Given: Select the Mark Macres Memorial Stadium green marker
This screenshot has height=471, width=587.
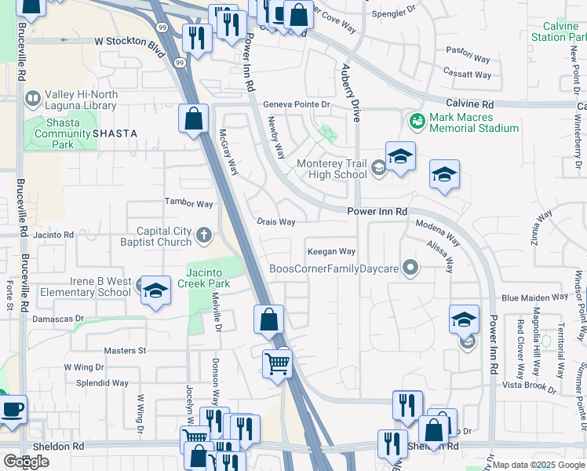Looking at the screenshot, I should point(416,121).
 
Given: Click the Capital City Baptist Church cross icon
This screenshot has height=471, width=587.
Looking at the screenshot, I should point(204,234).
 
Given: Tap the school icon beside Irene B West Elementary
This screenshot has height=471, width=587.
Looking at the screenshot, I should point(155,290).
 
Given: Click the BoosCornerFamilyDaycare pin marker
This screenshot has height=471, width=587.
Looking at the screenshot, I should point(408,268).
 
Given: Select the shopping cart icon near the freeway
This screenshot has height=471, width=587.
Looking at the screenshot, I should point(277,365).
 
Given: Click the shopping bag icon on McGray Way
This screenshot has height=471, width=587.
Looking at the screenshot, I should point(194,120).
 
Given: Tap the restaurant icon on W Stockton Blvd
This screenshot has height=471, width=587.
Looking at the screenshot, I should point(195,37).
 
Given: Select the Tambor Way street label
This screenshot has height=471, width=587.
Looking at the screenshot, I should point(188,204).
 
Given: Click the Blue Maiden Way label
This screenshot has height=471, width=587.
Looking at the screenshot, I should point(534,298).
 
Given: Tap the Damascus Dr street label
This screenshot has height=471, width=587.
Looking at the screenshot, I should point(58,319).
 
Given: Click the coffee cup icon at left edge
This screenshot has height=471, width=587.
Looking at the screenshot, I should point(12,411).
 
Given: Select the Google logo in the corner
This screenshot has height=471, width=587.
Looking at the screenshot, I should point(26,462).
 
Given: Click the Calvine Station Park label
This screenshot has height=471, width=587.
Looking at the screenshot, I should point(559,31).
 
